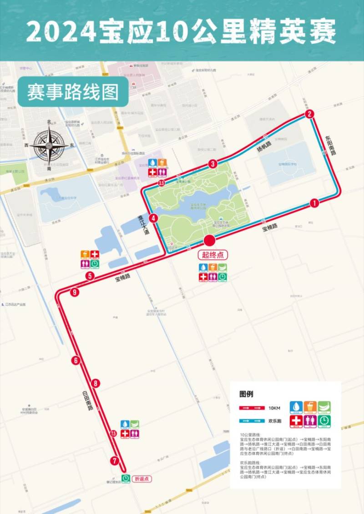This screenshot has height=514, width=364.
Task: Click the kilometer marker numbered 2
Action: pos(309,114)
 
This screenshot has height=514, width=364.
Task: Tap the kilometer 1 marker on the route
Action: pos(314,203)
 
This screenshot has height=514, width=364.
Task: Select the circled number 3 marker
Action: pos(212,164)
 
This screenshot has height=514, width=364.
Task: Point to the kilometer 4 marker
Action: pos(154,218)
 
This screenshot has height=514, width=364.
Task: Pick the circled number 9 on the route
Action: pos(74,292)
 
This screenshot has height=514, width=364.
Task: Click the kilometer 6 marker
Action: pos(76,361)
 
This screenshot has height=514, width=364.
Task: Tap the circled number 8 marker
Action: pos(95,383)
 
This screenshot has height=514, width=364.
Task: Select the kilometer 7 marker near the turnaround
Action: pos(114,460)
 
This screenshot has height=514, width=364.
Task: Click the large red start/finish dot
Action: pos(209,241)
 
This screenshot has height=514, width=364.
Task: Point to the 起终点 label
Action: pos(212,255)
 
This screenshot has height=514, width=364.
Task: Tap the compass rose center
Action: pos(49,146)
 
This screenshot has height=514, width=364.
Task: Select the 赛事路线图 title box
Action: pos(73,91)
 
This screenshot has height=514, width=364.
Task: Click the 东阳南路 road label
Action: pos(330,145)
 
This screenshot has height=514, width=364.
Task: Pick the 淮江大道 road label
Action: pos(144,224)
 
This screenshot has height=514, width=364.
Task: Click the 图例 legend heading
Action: pos(246,394)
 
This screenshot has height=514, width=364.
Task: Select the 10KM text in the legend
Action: pos(274,408)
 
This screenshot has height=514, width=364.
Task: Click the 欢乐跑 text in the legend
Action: pos(275,421)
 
